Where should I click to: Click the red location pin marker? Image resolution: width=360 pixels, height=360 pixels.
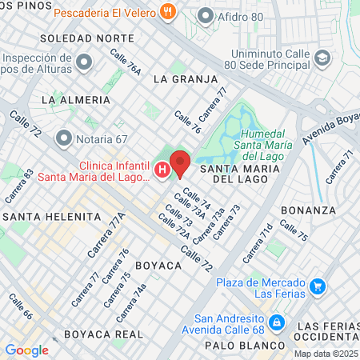[x=180, y=162]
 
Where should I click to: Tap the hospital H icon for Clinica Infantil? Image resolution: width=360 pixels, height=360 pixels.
[x=162, y=170]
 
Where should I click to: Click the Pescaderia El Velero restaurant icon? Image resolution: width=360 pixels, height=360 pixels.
[x=167, y=11]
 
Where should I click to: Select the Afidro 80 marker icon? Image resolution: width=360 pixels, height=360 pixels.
[x=206, y=15]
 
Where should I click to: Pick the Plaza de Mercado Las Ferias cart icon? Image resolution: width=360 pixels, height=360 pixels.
[x=318, y=286]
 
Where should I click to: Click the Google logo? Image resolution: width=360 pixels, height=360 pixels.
[x=26, y=350]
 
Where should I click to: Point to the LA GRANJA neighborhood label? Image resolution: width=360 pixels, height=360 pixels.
[x=185, y=79]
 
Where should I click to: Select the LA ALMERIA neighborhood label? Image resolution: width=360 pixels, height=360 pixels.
[x=76, y=99]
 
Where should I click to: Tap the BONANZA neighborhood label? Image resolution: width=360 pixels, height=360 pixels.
[x=308, y=210]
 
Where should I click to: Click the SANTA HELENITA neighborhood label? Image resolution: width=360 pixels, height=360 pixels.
[x=52, y=217]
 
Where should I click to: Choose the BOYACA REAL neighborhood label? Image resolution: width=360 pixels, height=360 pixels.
[x=103, y=334]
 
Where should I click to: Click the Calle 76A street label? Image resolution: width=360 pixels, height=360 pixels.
[x=126, y=62]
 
